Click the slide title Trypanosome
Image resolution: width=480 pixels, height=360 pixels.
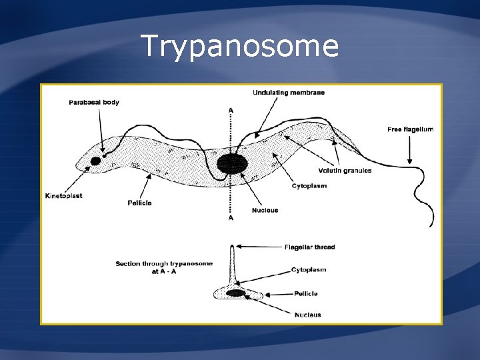tap(240, 47)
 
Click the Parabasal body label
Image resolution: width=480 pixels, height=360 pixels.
tap(94, 102)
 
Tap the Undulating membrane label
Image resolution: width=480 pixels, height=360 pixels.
tap(289, 93)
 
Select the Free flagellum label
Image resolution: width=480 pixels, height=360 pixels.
tap(410, 129)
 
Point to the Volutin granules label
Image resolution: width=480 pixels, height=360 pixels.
tap(345, 171)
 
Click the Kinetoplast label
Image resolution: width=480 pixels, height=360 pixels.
tap(65, 196)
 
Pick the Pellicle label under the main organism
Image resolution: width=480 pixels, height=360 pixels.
tap(139, 202)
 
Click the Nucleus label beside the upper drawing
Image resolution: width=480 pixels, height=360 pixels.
tap(265, 211)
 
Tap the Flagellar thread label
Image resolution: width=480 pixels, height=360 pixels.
tap(309, 247)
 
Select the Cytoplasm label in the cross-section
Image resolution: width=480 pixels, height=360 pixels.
tap(309, 270)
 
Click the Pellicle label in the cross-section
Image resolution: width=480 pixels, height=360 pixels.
tap(305, 293)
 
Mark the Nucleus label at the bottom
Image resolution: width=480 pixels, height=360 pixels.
tap(307, 315)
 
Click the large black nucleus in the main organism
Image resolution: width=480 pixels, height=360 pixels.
tap(231, 163)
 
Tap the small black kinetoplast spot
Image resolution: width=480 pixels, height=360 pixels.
tap(95, 161)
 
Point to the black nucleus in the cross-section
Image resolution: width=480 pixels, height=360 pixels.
tap(235, 293)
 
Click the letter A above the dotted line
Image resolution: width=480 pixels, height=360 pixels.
tap(231, 109)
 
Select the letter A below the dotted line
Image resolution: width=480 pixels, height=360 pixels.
tap(231, 218)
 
